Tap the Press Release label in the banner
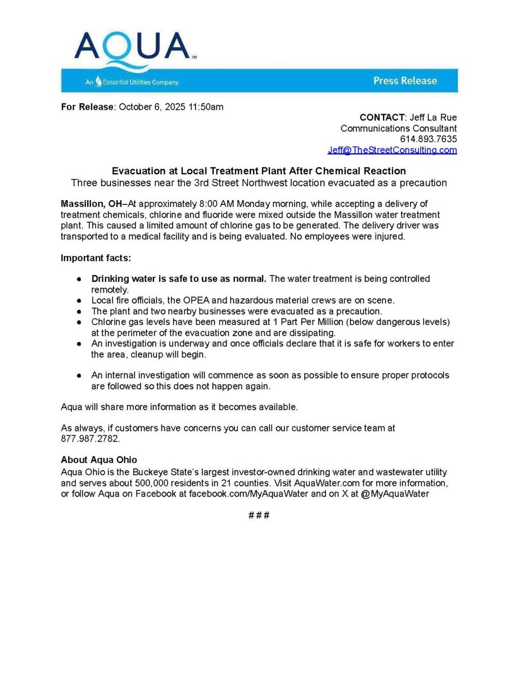(x=405, y=81)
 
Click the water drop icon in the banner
(x=98, y=82)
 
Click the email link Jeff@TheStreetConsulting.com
(x=392, y=150)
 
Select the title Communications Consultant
(x=398, y=128)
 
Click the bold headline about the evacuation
(x=259, y=171)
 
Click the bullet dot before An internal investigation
(x=80, y=375)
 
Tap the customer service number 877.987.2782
(x=90, y=438)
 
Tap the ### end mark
(x=259, y=515)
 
